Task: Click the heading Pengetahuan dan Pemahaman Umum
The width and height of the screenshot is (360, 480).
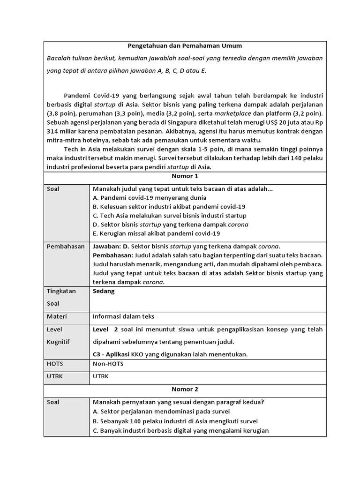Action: pyautogui.click(x=185, y=46)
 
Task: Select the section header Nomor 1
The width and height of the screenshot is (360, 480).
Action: pyautogui.click(x=185, y=176)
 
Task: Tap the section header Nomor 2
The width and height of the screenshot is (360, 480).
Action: pyautogui.click(x=185, y=389)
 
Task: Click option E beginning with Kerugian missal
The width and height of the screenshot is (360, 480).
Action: pyautogui.click(x=157, y=233)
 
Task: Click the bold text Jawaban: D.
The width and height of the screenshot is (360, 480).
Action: pyautogui.click(x=111, y=247)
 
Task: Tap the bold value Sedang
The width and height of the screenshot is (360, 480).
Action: pyautogui.click(x=104, y=291)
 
